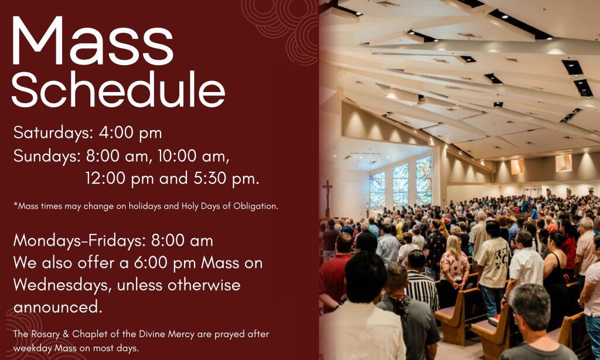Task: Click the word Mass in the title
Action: [93, 41]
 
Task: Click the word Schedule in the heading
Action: [118, 89]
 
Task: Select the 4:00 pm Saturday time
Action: [130, 133]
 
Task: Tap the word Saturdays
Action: [53, 133]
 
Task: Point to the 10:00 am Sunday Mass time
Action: [193, 156]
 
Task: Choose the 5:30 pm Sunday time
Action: [226, 178]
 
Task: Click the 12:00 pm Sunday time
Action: [120, 178]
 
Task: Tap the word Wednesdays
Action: [63, 286]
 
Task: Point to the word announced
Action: [58, 308]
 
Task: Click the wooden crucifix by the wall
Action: [327, 198]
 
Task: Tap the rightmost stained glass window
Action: [424, 179]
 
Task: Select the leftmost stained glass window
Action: [377, 188]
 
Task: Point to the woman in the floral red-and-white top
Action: [454, 264]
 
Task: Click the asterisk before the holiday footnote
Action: [16, 205]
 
